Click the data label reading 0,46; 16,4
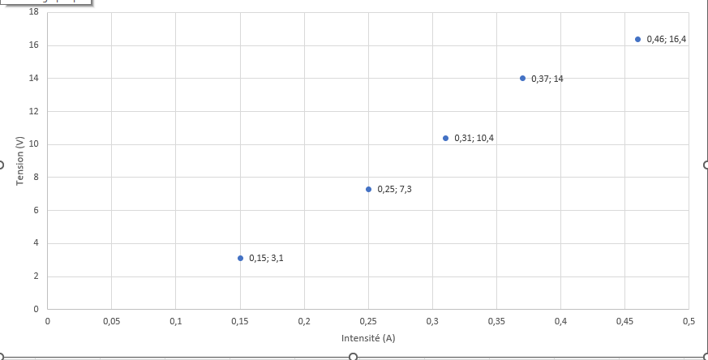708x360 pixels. pyautogui.click(x=667, y=39)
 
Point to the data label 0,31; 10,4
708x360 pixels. pyautogui.click(x=474, y=138)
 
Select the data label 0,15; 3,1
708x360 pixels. pyautogui.click(x=266, y=258)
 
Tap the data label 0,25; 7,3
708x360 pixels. pyautogui.click(x=394, y=189)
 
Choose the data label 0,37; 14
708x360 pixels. pyautogui.click(x=547, y=79)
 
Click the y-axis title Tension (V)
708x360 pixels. pyautogui.click(x=19, y=161)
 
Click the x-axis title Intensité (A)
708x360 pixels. pyautogui.click(x=368, y=338)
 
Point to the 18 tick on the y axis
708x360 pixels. pyautogui.click(x=34, y=12)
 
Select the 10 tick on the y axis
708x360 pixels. pyautogui.click(x=34, y=144)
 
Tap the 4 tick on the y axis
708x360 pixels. pyautogui.click(x=36, y=243)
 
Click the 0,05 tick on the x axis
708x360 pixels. pyautogui.click(x=112, y=322)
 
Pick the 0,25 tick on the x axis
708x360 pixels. pyautogui.click(x=368, y=322)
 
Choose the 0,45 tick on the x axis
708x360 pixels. pyautogui.click(x=624, y=322)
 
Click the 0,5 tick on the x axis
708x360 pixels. pyautogui.click(x=689, y=322)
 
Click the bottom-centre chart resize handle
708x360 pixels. pyautogui.click(x=353, y=357)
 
